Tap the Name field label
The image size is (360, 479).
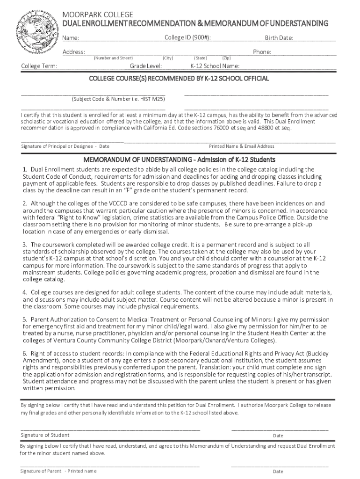click(x=71, y=38)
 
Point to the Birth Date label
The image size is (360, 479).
click(x=279, y=38)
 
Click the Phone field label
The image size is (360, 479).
click(x=262, y=52)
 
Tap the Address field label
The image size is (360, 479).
click(x=74, y=52)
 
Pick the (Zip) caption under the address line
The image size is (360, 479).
click(x=226, y=58)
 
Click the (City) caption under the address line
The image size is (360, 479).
click(x=168, y=58)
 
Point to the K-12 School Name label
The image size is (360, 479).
click(x=215, y=66)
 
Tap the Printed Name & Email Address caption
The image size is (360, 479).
click(x=241, y=146)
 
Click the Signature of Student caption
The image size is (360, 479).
click(x=45, y=435)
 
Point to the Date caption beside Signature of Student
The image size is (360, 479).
click(x=278, y=435)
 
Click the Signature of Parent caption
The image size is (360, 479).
click(x=41, y=471)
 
